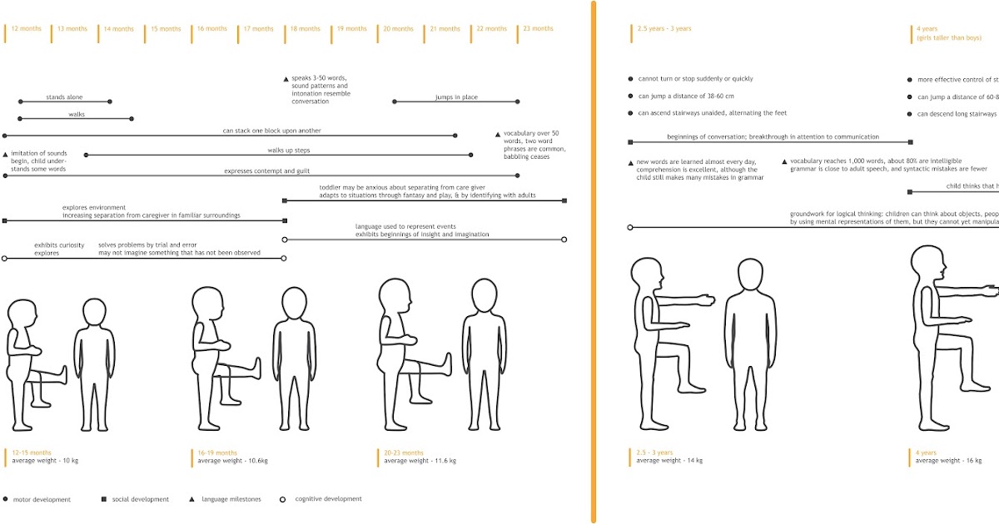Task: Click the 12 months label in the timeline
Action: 26,29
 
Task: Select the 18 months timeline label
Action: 306,29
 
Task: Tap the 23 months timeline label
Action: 538,29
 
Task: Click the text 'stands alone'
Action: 64,97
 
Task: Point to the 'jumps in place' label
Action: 456,97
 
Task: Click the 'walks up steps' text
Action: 289,151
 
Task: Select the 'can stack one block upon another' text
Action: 271,131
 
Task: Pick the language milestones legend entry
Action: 231,500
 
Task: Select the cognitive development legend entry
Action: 327,499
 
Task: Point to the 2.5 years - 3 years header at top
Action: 663,29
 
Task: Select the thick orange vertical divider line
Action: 594,262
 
